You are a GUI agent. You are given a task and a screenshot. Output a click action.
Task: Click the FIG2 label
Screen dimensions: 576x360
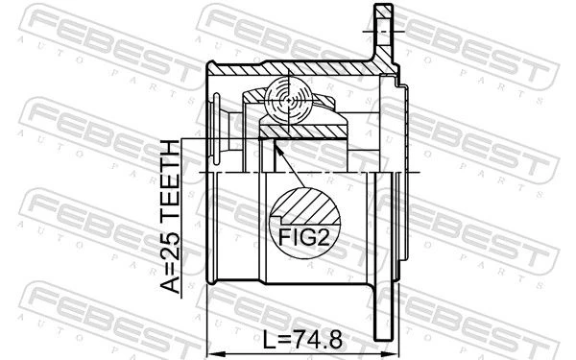pyautogui.click(x=303, y=237)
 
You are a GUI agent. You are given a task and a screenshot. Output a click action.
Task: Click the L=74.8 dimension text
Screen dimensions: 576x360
pyautogui.click(x=303, y=340)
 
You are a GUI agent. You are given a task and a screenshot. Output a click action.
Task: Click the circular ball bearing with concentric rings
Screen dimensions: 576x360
pyautogui.click(x=289, y=101)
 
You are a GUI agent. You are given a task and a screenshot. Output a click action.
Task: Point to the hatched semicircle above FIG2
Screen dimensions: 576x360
pyautogui.click(x=305, y=206)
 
